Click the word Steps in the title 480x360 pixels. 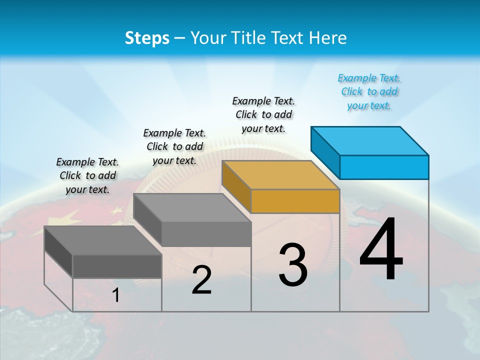pos(146,38)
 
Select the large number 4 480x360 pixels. pos(381,249)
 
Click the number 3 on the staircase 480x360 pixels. pos(292,265)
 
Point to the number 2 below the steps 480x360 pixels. pos(201,280)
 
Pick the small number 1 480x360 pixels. pos(115,295)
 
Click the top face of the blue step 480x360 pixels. pos(370,140)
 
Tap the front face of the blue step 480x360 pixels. pos(384,167)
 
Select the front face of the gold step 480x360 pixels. pos(295,201)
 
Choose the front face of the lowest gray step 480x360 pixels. pos(117,266)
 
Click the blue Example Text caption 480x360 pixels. pos(369,91)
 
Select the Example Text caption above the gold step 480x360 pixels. pos(263,114)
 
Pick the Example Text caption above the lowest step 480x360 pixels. pos(87,175)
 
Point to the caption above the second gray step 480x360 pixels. pos(174,146)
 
